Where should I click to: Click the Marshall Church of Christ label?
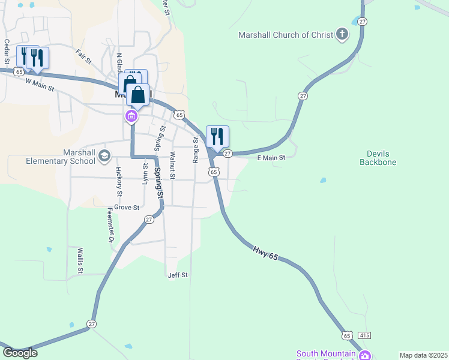(285, 35)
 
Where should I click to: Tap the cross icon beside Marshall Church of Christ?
(342, 34)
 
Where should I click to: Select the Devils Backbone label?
(378, 158)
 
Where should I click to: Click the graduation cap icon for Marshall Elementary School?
(104, 156)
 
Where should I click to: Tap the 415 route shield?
(365, 334)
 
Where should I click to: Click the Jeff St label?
(178, 275)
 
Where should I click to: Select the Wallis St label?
(79, 260)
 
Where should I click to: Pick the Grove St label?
(127, 208)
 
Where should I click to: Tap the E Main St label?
(271, 158)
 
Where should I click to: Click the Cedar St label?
(7, 52)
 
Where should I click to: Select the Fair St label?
(83, 58)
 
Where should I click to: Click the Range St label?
(196, 150)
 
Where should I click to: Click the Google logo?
(20, 353)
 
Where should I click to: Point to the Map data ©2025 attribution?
(423, 355)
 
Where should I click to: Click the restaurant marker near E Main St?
(217, 137)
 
